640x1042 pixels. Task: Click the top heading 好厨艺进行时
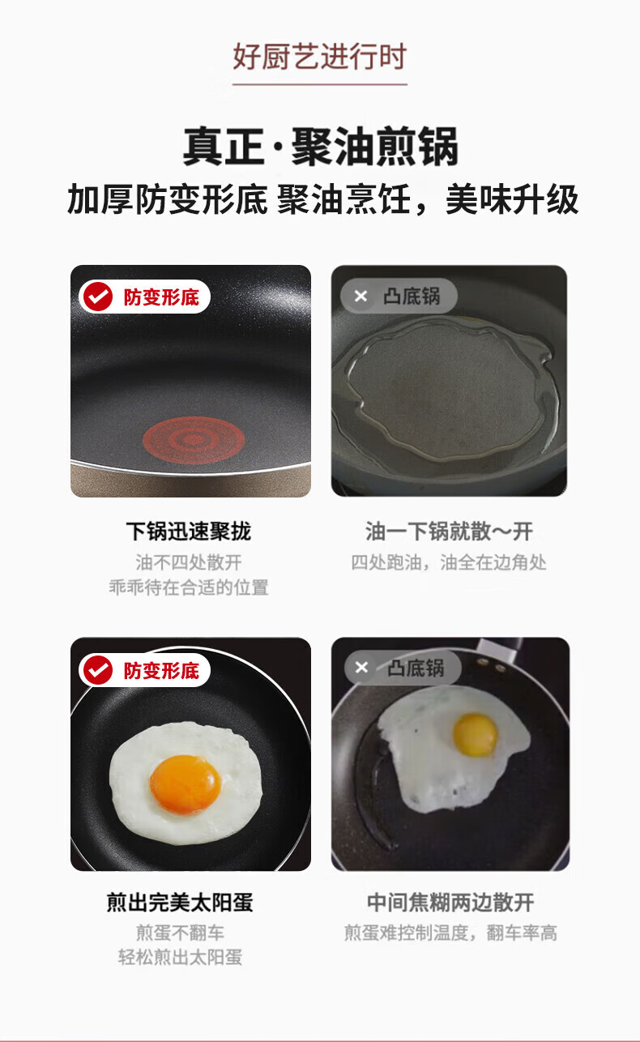tap(319, 57)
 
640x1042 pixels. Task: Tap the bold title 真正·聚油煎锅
tap(321, 147)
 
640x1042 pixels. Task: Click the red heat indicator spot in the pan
tap(194, 440)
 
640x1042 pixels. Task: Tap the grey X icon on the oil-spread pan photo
tap(361, 296)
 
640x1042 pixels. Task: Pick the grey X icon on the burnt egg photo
tap(361, 668)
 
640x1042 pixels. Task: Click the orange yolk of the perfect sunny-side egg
tap(186, 784)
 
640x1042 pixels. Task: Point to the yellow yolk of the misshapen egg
tap(475, 735)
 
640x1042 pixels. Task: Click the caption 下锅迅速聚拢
tap(189, 532)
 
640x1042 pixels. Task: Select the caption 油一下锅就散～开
tap(449, 532)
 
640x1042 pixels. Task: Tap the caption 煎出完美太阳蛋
tap(180, 903)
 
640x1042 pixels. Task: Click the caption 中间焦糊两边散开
tap(450, 903)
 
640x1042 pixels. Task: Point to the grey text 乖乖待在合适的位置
tap(189, 587)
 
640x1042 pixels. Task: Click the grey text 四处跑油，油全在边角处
tap(449, 562)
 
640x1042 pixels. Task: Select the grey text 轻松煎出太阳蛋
tap(180, 958)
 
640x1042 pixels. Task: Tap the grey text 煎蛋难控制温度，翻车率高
tap(450, 933)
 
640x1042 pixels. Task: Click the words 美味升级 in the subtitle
tap(512, 199)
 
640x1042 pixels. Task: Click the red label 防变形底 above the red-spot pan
tap(161, 297)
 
